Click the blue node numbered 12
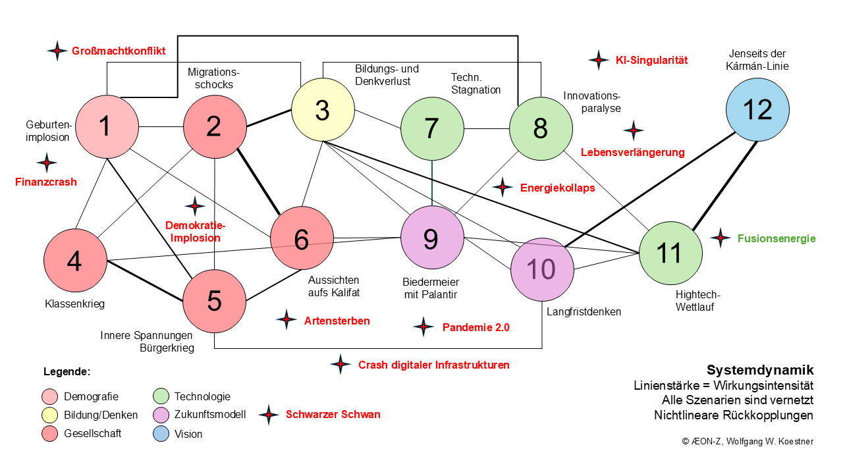[757, 109]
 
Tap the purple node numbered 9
[431, 238]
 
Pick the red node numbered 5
[214, 300]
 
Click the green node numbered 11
[670, 253]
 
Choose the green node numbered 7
[431, 128]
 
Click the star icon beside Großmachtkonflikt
[57, 51]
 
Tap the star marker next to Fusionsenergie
[721, 238]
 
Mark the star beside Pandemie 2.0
[423, 327]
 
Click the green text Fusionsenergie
[776, 238]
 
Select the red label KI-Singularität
[651, 60]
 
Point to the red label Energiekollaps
[557, 188]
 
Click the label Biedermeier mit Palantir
[430, 288]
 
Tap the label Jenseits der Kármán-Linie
[758, 60]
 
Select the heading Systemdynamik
[760, 370]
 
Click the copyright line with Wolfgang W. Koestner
[748, 441]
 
